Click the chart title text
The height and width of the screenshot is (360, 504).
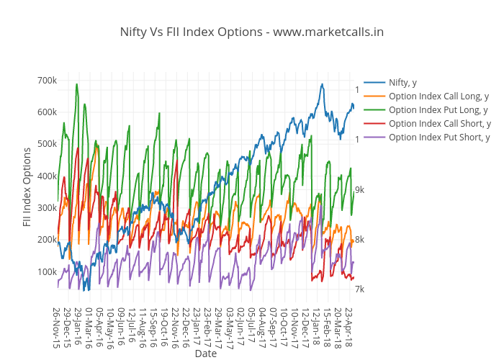point(251,32)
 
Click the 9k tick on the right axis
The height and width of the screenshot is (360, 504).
point(359,190)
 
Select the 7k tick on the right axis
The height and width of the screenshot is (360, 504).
point(359,289)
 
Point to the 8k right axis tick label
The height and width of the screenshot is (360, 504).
point(359,240)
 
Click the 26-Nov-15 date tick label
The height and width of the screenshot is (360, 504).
point(56,327)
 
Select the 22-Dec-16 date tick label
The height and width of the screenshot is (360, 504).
point(185,327)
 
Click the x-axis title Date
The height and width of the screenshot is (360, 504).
point(205,354)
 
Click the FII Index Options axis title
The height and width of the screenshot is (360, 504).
point(27,186)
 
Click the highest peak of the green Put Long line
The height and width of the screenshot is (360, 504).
point(77,84)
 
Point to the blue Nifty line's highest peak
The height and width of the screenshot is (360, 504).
point(322,84)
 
